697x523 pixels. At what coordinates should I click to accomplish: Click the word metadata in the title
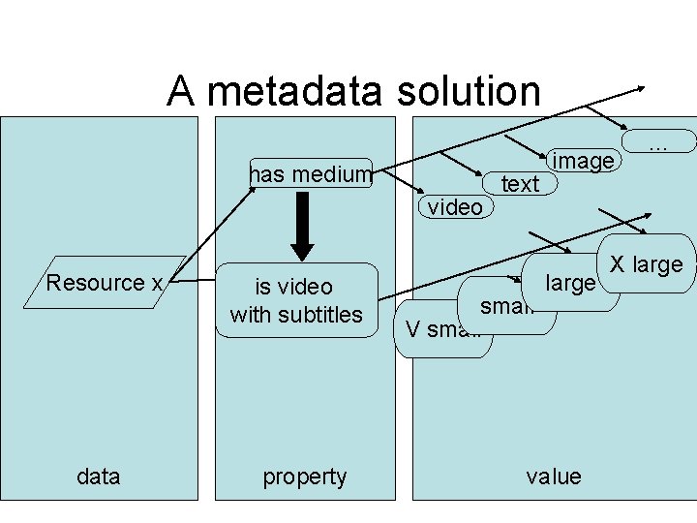coord(290,92)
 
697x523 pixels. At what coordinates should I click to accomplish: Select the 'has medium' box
coord(311,173)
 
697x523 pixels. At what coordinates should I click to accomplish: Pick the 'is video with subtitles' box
coord(296,300)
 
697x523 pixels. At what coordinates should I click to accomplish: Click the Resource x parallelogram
coord(105,283)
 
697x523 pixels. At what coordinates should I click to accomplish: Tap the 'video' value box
coord(455,206)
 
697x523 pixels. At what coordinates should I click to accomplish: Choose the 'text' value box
coord(520,184)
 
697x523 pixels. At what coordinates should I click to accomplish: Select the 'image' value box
coord(582,161)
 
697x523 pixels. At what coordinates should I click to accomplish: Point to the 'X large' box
coord(646,263)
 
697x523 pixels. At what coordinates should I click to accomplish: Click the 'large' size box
coord(570,283)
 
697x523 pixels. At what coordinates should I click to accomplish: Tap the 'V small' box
coord(441,329)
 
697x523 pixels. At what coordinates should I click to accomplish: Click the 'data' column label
coord(98,476)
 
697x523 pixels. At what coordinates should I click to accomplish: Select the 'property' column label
coord(305,476)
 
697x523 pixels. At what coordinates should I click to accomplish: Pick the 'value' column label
coord(554,476)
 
